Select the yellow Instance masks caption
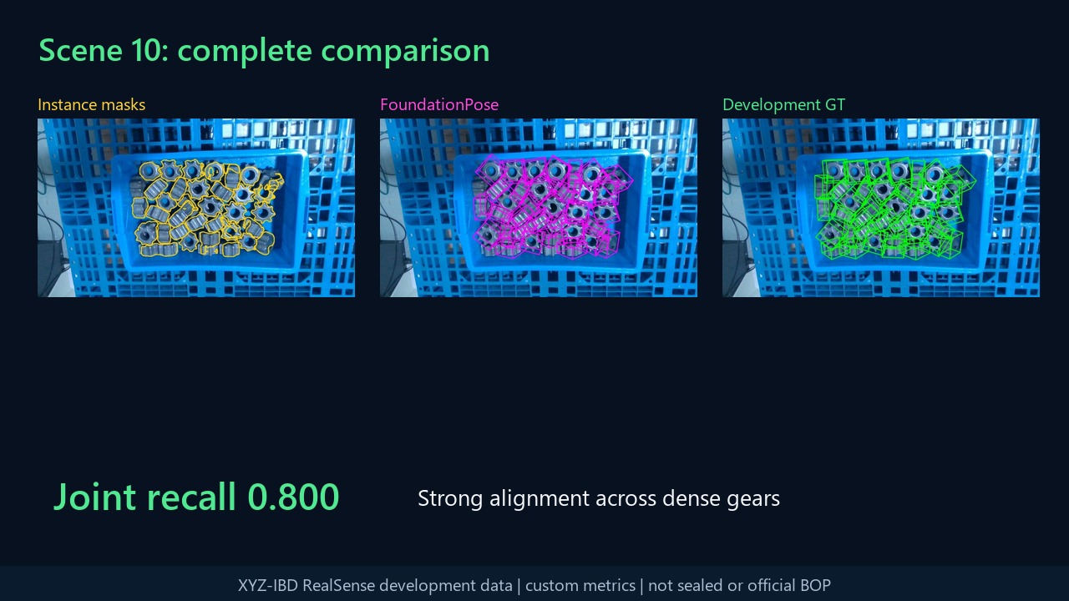tap(92, 104)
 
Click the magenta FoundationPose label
tap(439, 104)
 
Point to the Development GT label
tap(783, 104)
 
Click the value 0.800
tap(293, 497)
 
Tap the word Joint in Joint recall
tap(94, 497)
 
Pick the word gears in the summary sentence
tap(753, 500)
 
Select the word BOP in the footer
tap(816, 585)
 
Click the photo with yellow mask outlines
tap(196, 208)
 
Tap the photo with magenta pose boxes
tap(539, 208)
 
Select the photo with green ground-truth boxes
tap(881, 208)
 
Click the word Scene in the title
tap(81, 51)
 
